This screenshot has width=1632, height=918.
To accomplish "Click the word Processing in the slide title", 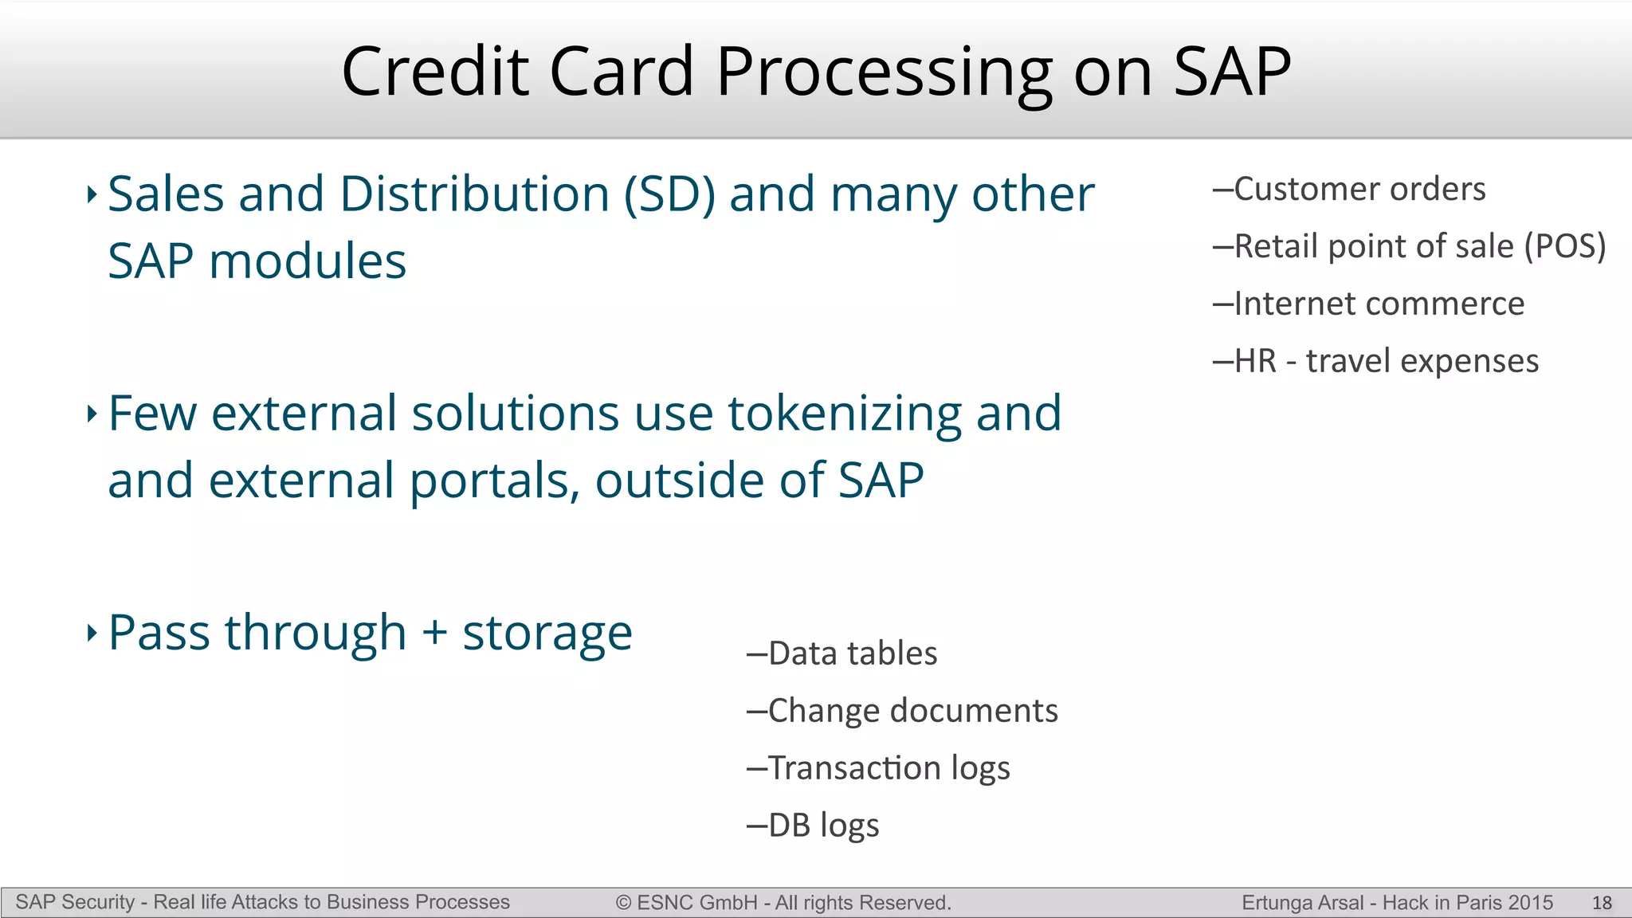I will tap(885, 73).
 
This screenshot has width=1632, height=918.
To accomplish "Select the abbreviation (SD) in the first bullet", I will tap(669, 194).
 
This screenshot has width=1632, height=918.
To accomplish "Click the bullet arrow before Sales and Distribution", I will tap(92, 194).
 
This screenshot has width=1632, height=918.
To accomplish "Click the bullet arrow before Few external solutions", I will tap(92, 413).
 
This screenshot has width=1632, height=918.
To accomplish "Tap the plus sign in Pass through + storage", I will tap(435, 634).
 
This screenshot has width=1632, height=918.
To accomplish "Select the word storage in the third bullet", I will tap(547, 634).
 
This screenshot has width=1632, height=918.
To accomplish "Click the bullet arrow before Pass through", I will tap(92, 633).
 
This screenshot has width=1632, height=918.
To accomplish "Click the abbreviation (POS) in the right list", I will tap(1565, 247).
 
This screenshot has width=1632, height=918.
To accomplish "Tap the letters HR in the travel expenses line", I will tap(1255, 362).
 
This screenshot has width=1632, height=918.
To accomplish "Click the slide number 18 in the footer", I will tap(1602, 903).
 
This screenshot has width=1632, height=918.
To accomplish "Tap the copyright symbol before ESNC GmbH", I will tap(623, 903).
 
